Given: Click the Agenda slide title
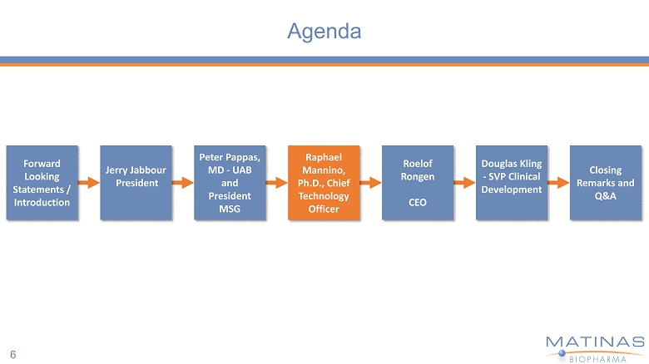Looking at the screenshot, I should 324,32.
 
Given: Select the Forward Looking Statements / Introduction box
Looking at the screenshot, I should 42,183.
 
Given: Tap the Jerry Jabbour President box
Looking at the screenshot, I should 136,183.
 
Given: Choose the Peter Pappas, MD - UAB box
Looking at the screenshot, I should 230,183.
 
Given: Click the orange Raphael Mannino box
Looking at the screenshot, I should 324,183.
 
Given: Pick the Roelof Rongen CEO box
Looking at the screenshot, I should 418,183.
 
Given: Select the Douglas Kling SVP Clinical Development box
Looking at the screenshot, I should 512,183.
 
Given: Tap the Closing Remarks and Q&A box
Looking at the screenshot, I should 605,183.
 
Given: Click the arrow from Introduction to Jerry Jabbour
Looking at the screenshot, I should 88,183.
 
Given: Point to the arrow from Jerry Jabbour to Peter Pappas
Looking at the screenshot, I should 182,183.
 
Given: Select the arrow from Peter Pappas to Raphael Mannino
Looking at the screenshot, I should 276,183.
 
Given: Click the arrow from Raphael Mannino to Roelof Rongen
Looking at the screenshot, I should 370,183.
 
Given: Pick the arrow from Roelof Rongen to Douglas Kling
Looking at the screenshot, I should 464,183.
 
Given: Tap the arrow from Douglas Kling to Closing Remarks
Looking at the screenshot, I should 558,183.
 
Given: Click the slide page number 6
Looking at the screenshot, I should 13,352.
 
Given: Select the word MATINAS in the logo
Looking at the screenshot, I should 594,342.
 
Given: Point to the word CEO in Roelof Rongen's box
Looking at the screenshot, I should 418,202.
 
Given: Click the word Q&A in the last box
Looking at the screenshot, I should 605,195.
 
